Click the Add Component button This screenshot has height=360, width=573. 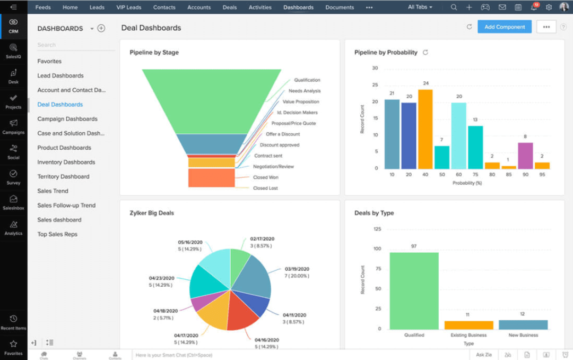(504, 27)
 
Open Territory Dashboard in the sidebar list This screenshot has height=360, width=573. (63, 176)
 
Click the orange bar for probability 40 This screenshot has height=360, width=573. (425, 129)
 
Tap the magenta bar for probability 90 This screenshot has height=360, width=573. (525, 156)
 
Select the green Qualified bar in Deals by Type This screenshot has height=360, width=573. (414, 290)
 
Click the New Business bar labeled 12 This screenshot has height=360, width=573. (523, 324)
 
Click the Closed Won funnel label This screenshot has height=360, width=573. (265, 177)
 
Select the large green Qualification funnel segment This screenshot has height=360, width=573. (211, 101)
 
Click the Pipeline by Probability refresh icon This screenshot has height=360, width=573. (425, 53)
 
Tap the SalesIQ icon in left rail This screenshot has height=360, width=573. (13, 50)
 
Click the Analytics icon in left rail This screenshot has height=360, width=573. (13, 227)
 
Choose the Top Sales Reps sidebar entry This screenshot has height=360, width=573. (57, 234)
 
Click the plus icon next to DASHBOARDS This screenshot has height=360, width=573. (101, 28)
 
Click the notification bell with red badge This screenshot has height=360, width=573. (534, 7)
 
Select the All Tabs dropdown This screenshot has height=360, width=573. (420, 7)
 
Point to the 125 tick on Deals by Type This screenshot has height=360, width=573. (377, 229)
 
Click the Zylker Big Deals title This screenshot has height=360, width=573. (152, 213)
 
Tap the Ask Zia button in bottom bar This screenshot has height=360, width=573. (483, 355)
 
